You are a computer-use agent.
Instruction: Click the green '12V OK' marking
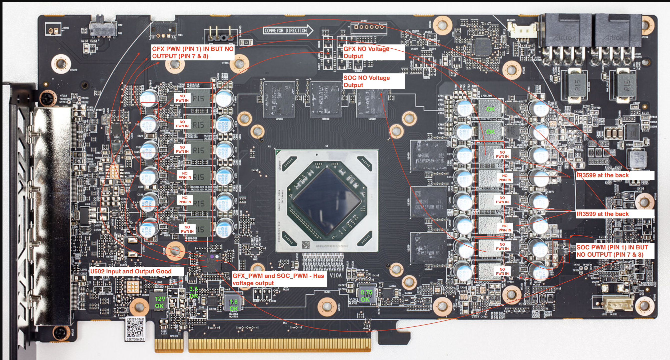[x=160, y=302]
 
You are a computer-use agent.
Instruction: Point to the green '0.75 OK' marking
[x=366, y=296]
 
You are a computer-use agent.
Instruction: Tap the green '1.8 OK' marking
[x=233, y=305]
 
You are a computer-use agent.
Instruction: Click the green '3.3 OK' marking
[x=194, y=292]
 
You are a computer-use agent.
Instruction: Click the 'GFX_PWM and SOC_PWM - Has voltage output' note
[x=279, y=279]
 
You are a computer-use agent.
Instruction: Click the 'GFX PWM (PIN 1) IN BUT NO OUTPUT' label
[x=193, y=52]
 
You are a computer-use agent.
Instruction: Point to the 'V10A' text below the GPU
[x=335, y=275]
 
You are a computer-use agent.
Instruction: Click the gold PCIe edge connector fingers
[x=263, y=345]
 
